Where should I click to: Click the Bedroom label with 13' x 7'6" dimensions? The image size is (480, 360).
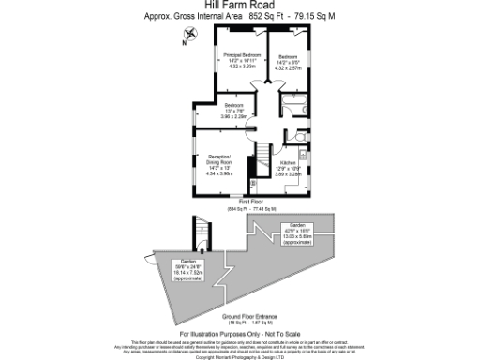(x=234, y=105)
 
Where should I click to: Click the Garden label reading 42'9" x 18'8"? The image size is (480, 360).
(x=298, y=226)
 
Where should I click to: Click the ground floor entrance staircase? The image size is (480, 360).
(x=200, y=233)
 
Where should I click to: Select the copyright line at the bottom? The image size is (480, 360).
(x=240, y=356)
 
